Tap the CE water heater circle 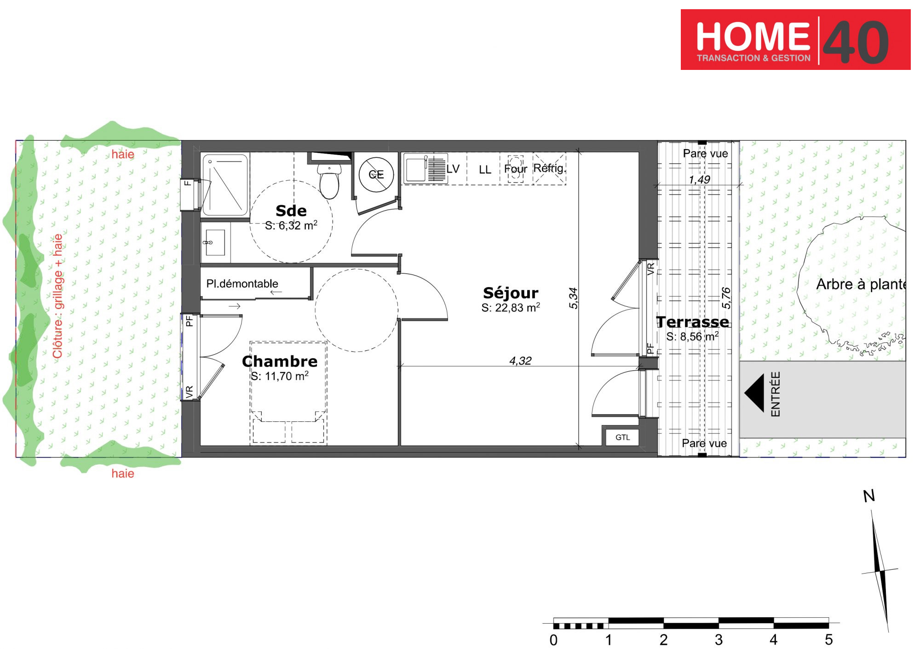pyautogui.click(x=376, y=174)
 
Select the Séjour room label pyautogui.click(x=511, y=293)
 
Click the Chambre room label pyautogui.click(x=280, y=361)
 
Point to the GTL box pyautogui.click(x=622, y=437)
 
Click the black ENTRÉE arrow pyautogui.click(x=754, y=392)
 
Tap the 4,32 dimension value pyautogui.click(x=520, y=361)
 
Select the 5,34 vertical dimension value pyautogui.click(x=573, y=298)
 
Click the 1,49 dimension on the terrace pyautogui.click(x=699, y=179)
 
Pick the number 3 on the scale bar pyautogui.click(x=719, y=639)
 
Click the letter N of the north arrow pyautogui.click(x=869, y=496)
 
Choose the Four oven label pyautogui.click(x=515, y=169)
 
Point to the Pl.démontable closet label pyautogui.click(x=242, y=283)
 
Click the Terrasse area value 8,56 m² pyautogui.click(x=692, y=336)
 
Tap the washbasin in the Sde pyautogui.click(x=215, y=242)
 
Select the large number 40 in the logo pyautogui.click(x=856, y=42)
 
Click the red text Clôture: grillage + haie pyautogui.click(x=57, y=296)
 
